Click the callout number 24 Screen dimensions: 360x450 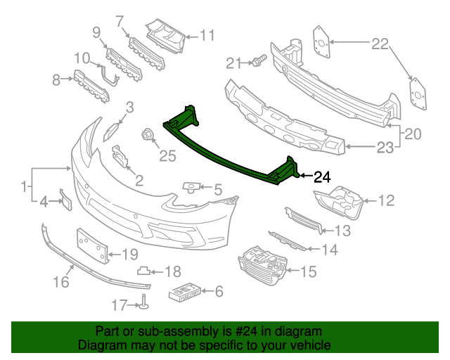[x=321, y=177]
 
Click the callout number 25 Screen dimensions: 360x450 [x=167, y=155]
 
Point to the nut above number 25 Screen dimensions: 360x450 [x=148, y=134]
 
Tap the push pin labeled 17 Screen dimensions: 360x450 [x=144, y=302]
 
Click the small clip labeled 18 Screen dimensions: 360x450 [x=143, y=270]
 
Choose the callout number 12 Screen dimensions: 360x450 [x=387, y=202]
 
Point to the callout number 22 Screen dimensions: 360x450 [x=380, y=44]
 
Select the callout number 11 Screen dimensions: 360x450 [x=206, y=35]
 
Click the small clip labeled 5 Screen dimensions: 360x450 [x=191, y=187]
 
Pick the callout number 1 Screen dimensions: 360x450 [x=25, y=186]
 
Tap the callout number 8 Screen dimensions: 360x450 [x=56, y=81]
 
